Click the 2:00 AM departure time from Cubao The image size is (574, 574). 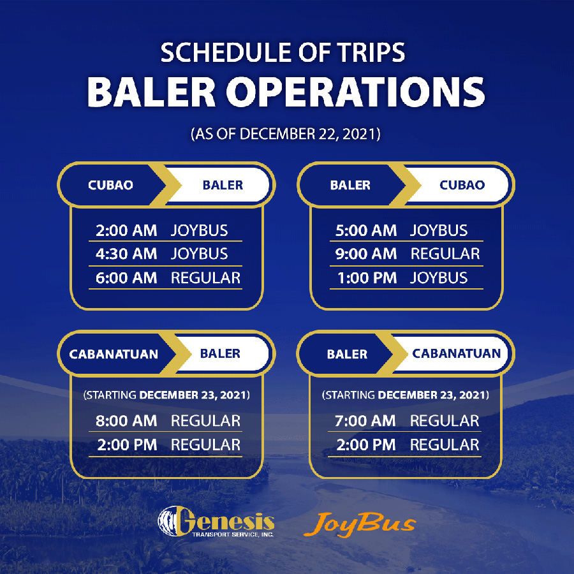click(x=126, y=230)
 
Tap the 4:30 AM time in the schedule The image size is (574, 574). click(x=126, y=254)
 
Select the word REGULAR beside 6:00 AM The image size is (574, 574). click(x=205, y=278)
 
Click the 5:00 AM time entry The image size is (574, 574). click(x=366, y=230)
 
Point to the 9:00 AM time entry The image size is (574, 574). click(x=366, y=254)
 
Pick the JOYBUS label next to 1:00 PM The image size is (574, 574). click(x=439, y=278)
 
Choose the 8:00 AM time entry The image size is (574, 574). click(x=126, y=421)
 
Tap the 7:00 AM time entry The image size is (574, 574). click(x=365, y=421)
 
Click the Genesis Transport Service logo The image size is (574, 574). click(x=216, y=521)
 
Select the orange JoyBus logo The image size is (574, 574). click(x=360, y=524)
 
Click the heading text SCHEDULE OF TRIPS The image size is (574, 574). click(x=283, y=52)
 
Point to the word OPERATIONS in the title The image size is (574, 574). click(x=355, y=92)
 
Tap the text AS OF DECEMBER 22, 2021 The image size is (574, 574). click(x=286, y=134)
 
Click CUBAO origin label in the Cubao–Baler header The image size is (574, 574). click(x=110, y=185)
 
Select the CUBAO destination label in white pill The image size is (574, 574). click(x=462, y=185)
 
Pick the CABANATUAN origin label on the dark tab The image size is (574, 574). click(x=114, y=354)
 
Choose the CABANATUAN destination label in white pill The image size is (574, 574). click(x=457, y=353)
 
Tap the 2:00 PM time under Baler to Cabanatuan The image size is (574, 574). click(x=366, y=445)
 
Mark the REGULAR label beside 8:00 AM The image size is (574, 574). click(x=205, y=421)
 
